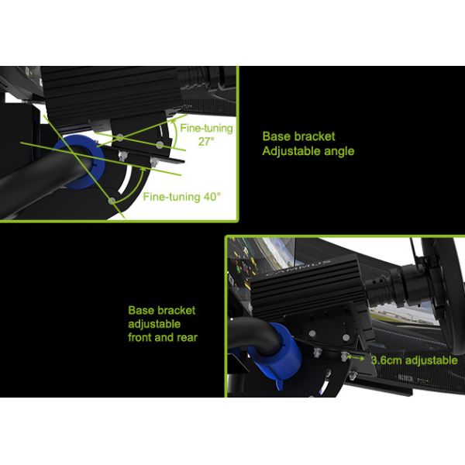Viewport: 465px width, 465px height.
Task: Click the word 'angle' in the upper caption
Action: [339, 151]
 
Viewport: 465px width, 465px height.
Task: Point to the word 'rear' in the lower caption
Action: [183, 337]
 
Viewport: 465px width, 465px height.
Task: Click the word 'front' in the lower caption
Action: [143, 337]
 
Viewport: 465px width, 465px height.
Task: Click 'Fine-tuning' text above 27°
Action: [205, 126]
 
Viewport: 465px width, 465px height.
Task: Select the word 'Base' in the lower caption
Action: [141, 309]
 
